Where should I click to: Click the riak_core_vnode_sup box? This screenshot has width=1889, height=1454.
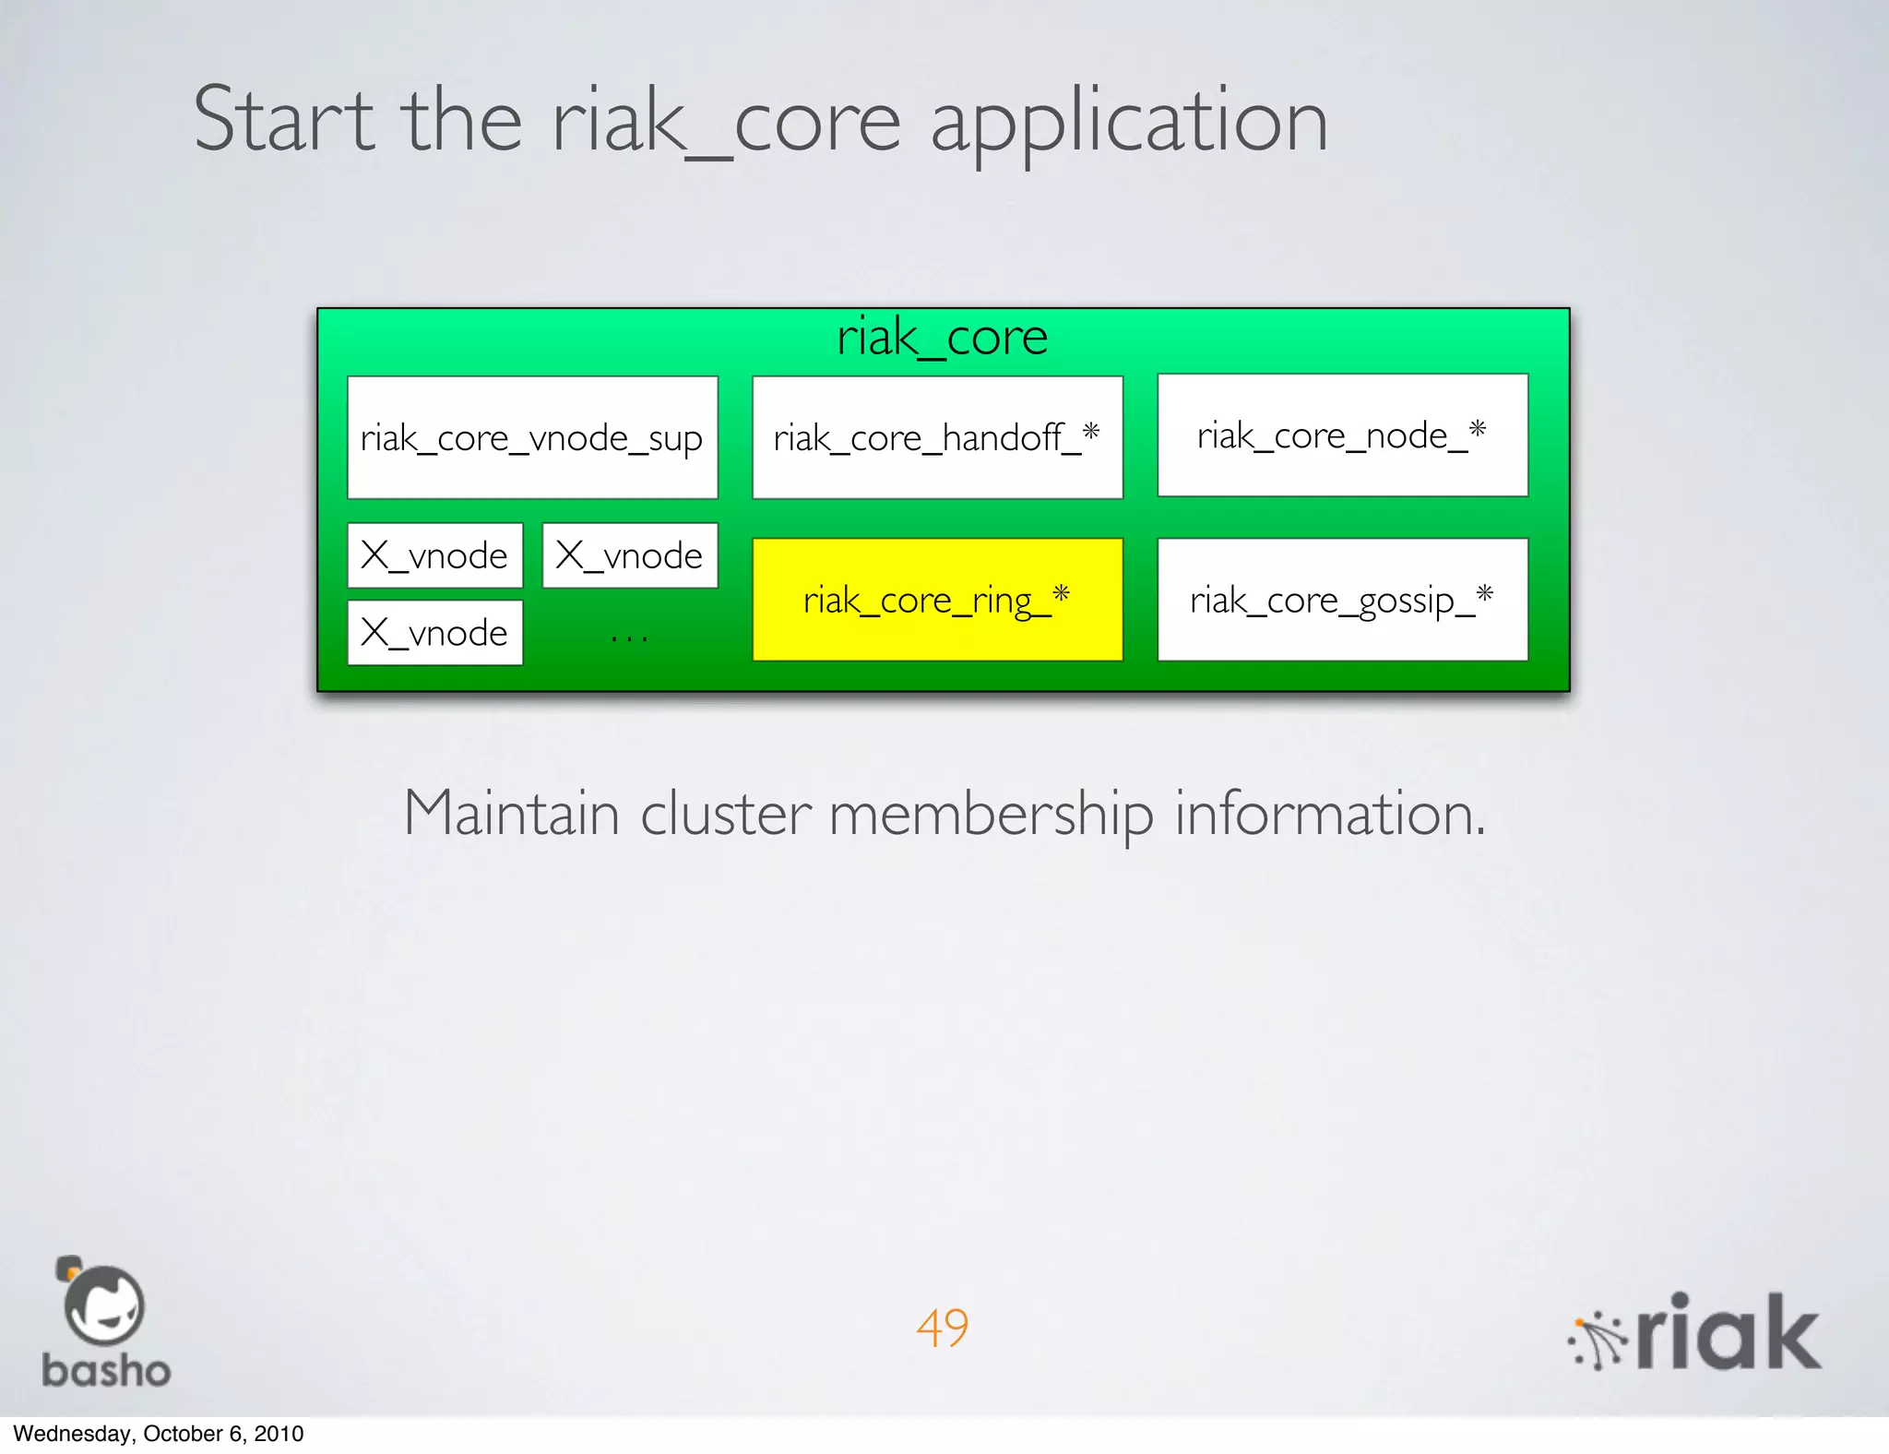(x=532, y=437)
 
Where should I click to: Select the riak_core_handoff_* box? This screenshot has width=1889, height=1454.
(x=937, y=437)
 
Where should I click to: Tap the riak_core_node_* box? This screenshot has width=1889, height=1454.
(x=1342, y=435)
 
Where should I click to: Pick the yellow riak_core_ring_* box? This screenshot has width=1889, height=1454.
(x=937, y=600)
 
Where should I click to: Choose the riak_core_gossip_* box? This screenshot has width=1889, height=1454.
(x=1342, y=600)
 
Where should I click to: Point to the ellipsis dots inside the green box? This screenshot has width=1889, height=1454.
(x=629, y=637)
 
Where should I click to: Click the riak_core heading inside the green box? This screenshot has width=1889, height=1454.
(x=942, y=338)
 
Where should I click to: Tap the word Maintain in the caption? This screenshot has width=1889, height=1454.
(x=511, y=814)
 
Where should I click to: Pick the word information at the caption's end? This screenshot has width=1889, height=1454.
(x=1329, y=814)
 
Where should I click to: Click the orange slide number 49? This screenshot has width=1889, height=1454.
(x=942, y=1328)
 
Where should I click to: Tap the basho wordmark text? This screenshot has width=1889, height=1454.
(x=106, y=1371)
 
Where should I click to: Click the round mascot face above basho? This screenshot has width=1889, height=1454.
(x=103, y=1305)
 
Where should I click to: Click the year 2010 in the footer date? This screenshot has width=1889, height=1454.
(x=279, y=1434)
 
